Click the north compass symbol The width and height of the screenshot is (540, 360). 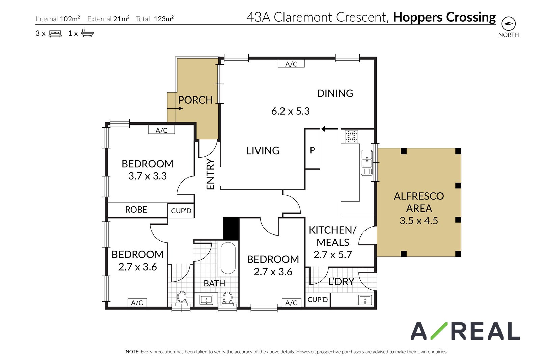pos(508,24)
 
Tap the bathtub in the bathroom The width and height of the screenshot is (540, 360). pos(228,258)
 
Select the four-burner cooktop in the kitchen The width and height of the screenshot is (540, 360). pos(351,136)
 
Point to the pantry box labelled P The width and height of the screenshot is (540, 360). pos(313,149)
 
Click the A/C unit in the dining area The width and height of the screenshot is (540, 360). pos(291,64)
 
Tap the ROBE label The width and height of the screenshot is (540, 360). pos(136,210)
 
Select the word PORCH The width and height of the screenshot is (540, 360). pos(195,100)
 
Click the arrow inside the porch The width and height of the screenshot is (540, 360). pos(175,108)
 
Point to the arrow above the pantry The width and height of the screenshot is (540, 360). pos(329,129)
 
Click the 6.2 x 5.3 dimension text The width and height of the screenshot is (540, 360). pos(291,111)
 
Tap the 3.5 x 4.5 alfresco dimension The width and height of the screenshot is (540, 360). pos(419,221)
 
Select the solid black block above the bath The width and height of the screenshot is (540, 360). pos(231,229)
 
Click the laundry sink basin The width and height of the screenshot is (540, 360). pos(365,300)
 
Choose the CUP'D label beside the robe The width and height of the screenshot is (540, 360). pos(181,211)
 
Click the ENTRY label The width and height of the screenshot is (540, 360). pos(210,174)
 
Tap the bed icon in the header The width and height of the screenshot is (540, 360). pos(55,33)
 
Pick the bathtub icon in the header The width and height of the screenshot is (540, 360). pos(87,33)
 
